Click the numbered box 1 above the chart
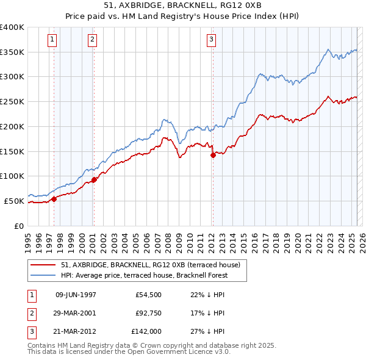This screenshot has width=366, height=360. pos(52,40)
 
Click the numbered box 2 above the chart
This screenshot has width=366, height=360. pos(92,40)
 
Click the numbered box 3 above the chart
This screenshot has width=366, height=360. pos(211,40)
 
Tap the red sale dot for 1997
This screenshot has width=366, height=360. pos(54,198)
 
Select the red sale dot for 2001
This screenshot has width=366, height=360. pos(95,179)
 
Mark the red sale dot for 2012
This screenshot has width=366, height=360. pos(213,155)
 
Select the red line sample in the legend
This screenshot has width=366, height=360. pos(43,265)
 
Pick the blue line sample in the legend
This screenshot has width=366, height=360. pos(43,275)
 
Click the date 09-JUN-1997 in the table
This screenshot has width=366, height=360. pos(76,294)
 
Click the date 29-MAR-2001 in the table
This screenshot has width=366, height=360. pos(76,313)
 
